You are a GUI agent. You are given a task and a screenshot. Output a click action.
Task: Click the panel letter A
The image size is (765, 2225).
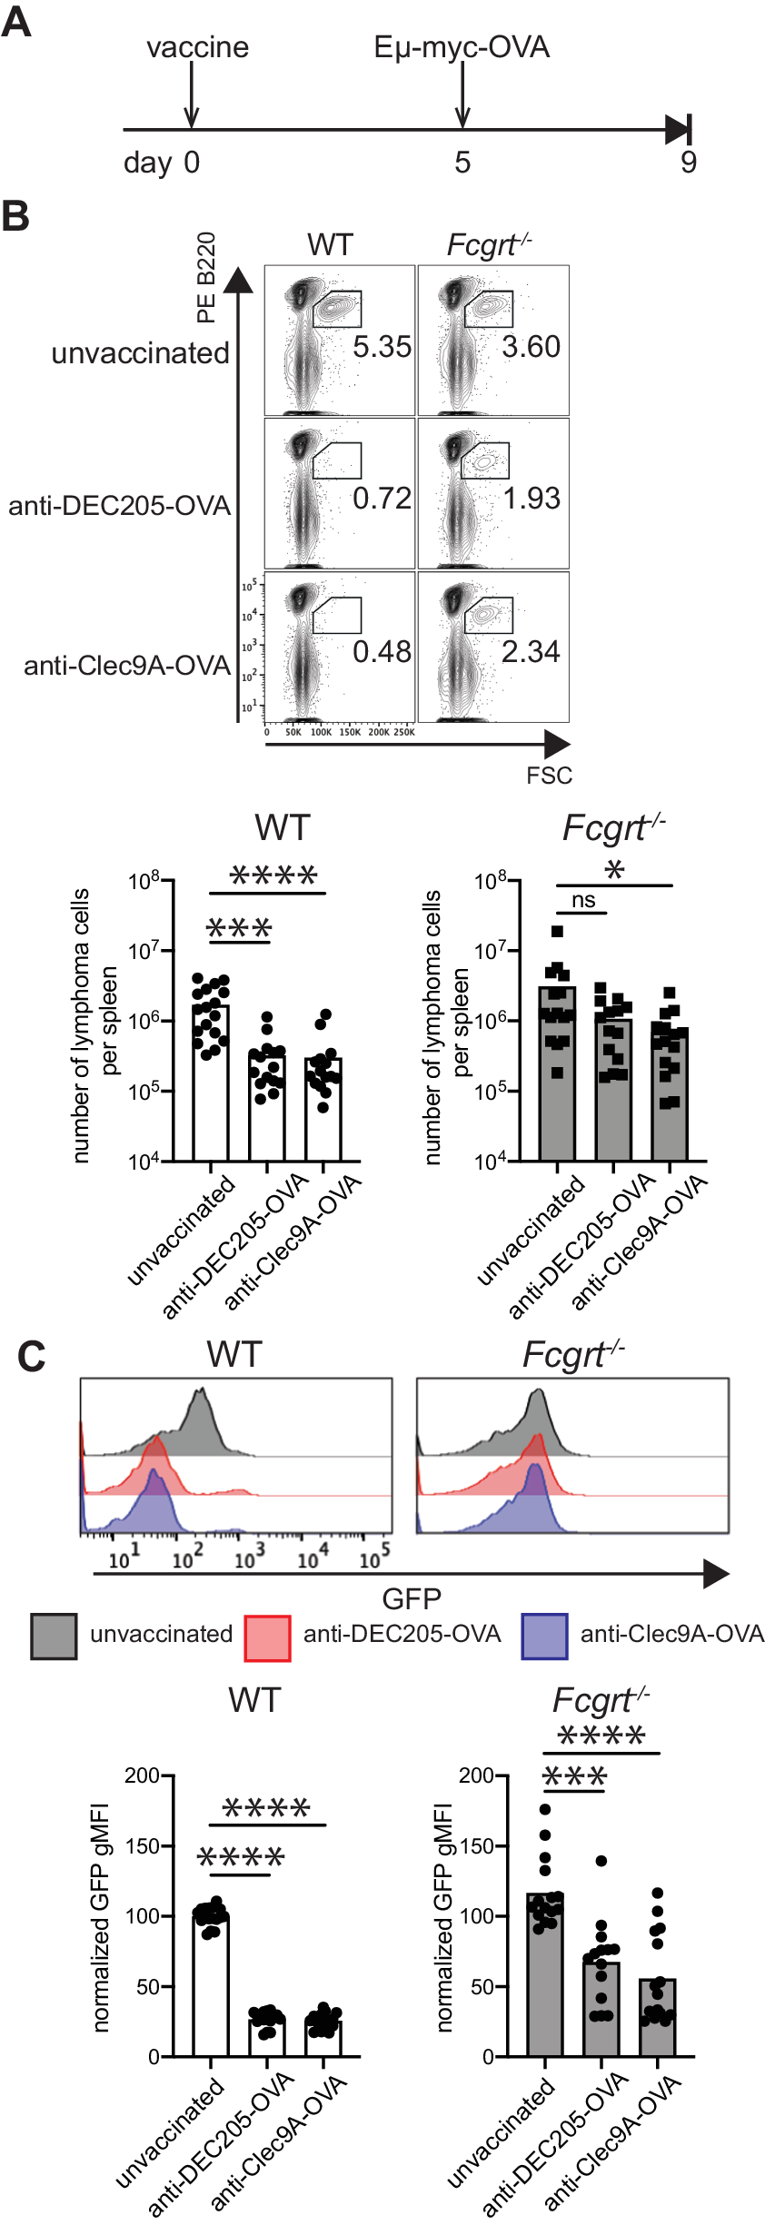tap(16, 22)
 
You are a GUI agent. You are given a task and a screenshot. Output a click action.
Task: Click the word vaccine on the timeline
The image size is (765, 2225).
tap(197, 47)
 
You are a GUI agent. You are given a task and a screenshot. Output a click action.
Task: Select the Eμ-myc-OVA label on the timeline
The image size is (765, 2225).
tap(462, 47)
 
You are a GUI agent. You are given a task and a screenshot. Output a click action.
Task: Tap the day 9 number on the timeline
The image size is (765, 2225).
tap(689, 163)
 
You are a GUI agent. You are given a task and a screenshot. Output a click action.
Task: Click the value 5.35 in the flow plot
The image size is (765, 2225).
tap(382, 347)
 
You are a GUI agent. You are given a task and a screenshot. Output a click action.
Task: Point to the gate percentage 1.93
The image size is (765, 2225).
tap(532, 499)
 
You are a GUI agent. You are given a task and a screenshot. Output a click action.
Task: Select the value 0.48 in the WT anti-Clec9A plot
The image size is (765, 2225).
tap(382, 652)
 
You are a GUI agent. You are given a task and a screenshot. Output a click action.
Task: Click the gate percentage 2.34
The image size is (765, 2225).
tap(532, 652)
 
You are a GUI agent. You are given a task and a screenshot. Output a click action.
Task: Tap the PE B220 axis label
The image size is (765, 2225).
tap(207, 277)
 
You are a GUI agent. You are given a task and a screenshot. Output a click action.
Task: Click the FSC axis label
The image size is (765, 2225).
tap(549, 776)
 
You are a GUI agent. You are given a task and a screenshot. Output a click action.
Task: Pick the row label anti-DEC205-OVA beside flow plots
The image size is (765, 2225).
tap(120, 506)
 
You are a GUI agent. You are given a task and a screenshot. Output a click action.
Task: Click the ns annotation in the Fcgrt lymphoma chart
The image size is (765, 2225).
tap(583, 900)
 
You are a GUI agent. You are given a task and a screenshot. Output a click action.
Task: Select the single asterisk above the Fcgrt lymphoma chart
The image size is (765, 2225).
tap(614, 870)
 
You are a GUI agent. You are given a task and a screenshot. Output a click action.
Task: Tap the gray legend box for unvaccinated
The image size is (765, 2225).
tap(54, 1637)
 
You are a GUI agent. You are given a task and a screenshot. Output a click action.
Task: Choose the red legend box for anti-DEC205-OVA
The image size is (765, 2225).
tap(267, 1637)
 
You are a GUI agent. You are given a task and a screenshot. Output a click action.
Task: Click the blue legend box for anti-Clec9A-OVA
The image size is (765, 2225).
tap(544, 1637)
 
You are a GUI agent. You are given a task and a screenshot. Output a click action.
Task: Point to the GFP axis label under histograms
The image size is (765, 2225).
tap(412, 1598)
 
